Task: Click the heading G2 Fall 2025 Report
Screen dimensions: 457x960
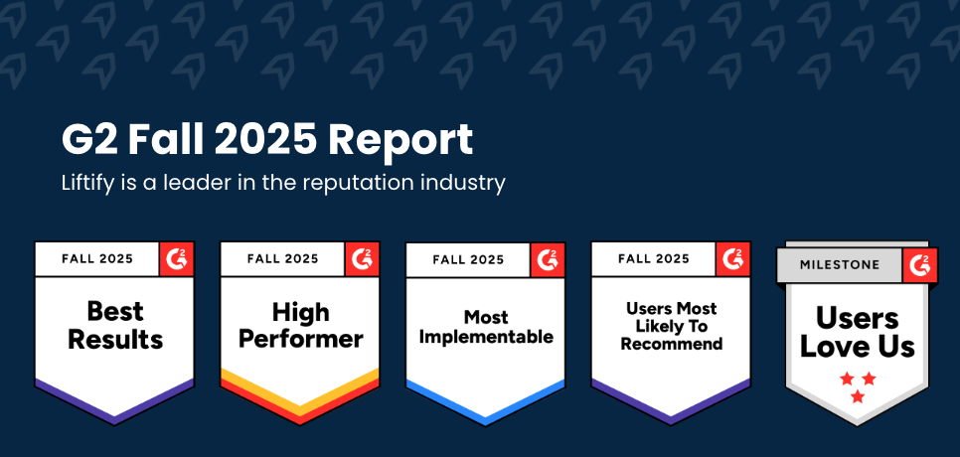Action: coord(267,141)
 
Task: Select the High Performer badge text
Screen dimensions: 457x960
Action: coord(299,326)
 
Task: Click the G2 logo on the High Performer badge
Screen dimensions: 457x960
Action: coord(363,259)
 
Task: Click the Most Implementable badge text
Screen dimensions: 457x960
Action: coord(485,327)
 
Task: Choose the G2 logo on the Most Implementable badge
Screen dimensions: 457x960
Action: coord(548,260)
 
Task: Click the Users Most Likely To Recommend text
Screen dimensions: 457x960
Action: coord(671,326)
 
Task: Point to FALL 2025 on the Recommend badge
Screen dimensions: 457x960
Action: coord(653,259)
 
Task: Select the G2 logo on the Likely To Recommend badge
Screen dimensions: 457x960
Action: coord(733,259)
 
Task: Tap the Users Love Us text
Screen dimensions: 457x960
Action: coord(857,332)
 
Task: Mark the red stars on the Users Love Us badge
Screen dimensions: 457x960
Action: coord(857,386)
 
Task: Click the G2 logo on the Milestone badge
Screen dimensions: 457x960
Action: coord(920,265)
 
